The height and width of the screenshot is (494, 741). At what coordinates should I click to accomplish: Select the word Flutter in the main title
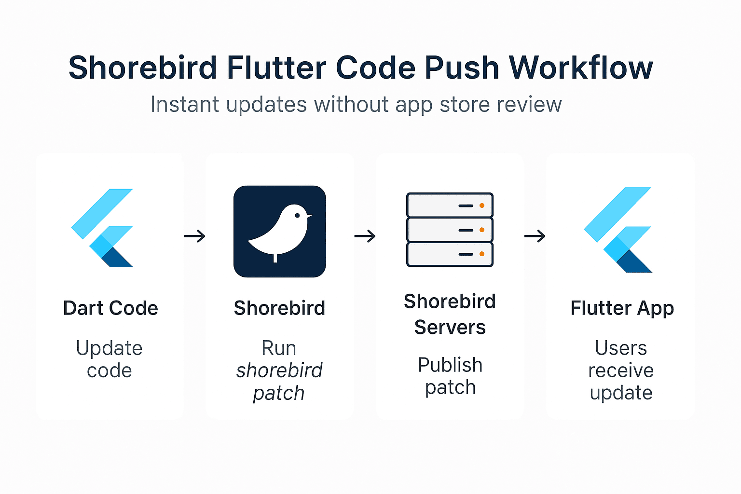click(x=276, y=68)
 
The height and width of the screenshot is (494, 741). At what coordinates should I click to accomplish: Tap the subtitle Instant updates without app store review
click(x=356, y=105)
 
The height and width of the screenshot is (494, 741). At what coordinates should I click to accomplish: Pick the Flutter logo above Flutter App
click(x=618, y=230)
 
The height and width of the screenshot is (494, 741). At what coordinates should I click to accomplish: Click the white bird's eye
click(x=297, y=215)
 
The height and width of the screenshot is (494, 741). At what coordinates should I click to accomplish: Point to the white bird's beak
click(x=309, y=216)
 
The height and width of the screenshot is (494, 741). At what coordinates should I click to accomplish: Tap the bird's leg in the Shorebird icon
click(x=275, y=258)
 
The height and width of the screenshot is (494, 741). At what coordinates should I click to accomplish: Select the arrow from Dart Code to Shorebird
click(x=195, y=236)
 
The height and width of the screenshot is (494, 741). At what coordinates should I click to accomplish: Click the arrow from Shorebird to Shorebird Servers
click(x=365, y=236)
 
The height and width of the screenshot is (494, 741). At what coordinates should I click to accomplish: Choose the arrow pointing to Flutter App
click(x=535, y=236)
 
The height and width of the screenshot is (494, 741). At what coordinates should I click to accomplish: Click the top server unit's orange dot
click(x=481, y=206)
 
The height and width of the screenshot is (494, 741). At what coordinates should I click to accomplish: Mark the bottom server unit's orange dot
click(x=481, y=254)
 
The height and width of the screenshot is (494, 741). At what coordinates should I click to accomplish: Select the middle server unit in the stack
click(x=450, y=230)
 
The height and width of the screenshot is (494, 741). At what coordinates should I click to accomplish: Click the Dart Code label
click(x=110, y=308)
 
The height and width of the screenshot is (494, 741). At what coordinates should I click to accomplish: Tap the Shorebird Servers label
click(x=450, y=315)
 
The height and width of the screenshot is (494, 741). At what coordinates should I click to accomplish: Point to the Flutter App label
click(x=622, y=308)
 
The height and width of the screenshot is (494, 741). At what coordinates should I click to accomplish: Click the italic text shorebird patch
click(x=279, y=382)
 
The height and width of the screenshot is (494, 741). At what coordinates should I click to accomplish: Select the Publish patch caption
click(x=450, y=376)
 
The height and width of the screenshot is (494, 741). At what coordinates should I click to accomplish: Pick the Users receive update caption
click(x=621, y=370)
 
